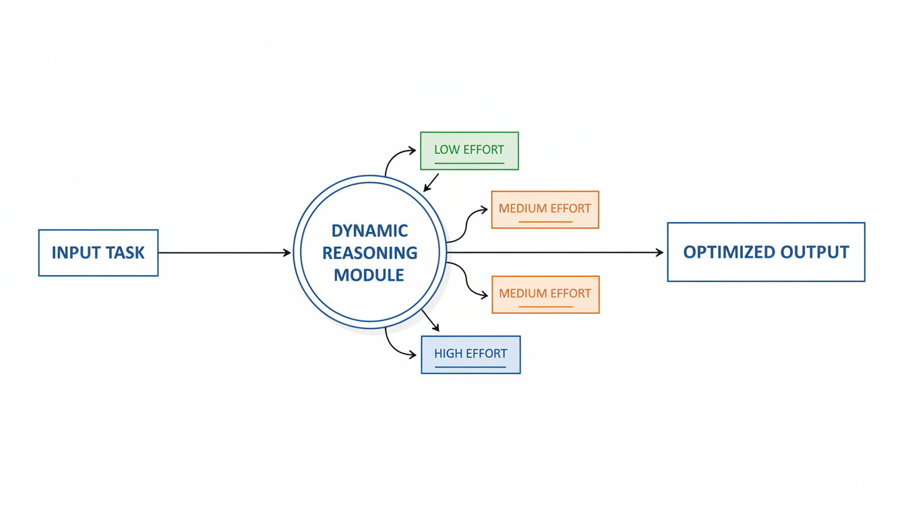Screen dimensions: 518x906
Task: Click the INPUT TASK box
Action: (x=98, y=253)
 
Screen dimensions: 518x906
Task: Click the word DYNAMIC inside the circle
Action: (x=369, y=231)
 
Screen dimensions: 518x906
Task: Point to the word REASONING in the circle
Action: (x=369, y=253)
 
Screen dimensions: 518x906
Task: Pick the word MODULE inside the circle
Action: (x=369, y=275)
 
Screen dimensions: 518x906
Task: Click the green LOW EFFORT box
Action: (x=469, y=150)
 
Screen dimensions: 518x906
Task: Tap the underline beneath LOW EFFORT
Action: (x=469, y=163)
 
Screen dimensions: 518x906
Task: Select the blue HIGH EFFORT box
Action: (x=471, y=355)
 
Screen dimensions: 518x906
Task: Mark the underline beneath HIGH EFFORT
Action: (x=471, y=368)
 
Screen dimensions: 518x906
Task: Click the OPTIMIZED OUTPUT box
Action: (x=766, y=252)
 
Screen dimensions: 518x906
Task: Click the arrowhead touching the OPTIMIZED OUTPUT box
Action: (x=659, y=252)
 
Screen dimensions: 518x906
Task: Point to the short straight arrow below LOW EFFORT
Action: (x=431, y=182)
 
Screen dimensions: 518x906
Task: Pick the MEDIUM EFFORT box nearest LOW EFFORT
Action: (x=545, y=209)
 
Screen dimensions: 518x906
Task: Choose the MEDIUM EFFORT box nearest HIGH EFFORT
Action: (x=545, y=294)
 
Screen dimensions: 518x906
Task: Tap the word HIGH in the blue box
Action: (x=448, y=353)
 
